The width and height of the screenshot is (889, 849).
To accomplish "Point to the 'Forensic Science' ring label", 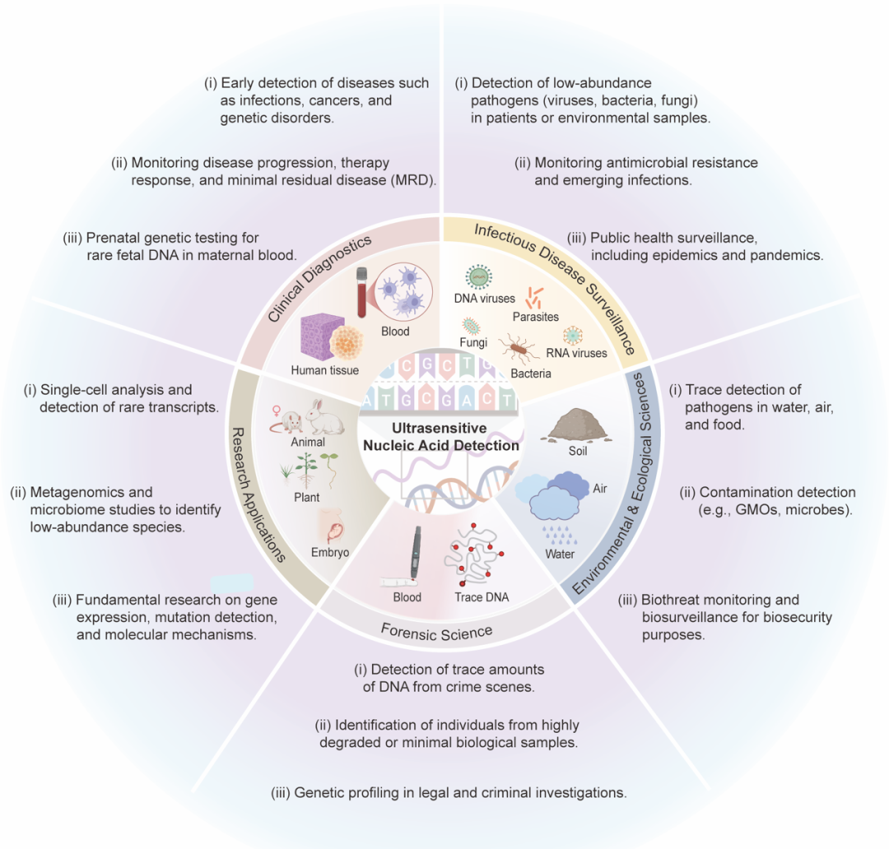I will point(436,631).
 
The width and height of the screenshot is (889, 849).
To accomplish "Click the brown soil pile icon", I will point(577,427).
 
